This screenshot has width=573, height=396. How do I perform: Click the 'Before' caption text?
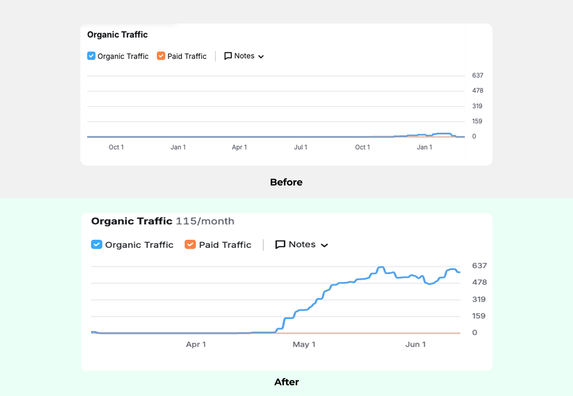coord(286,182)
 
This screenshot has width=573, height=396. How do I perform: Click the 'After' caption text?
coord(286,382)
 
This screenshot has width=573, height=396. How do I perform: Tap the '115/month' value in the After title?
coord(205,221)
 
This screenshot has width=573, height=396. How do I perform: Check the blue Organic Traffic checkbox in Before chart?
coord(91,56)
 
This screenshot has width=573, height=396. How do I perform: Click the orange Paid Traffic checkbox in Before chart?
coord(161,56)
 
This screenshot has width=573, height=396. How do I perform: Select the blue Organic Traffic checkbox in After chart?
coord(96,244)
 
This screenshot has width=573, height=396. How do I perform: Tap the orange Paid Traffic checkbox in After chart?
coord(190,244)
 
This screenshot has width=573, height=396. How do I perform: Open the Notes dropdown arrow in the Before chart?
coord(261,57)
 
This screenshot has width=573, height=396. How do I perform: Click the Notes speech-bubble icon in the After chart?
coord(280,244)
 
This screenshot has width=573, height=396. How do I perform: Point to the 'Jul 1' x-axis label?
coord(300,147)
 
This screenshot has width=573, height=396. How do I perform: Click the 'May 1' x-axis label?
coord(304,345)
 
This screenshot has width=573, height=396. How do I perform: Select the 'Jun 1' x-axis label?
coord(415,345)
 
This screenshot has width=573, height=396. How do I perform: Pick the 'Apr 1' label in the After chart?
coord(196,345)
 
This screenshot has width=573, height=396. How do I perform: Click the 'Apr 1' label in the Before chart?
coord(239,147)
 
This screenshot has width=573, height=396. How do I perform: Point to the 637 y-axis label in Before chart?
coord(477,76)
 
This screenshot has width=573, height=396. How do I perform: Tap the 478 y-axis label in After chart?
coord(479,283)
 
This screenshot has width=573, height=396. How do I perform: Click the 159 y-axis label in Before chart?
coord(477,121)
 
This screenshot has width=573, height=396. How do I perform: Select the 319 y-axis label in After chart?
coord(479,299)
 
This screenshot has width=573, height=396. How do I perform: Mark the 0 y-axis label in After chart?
coord(474,333)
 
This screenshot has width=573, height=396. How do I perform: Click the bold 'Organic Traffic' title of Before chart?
coord(117,35)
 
